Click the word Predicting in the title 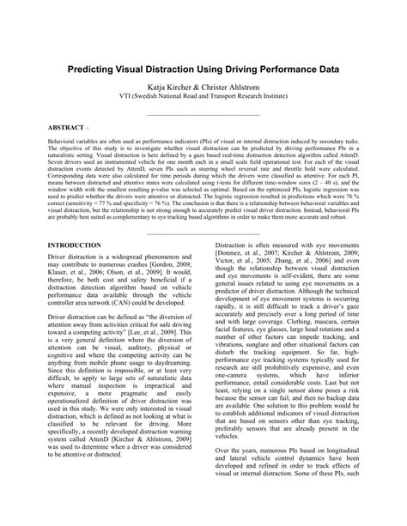(x=93, y=67)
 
